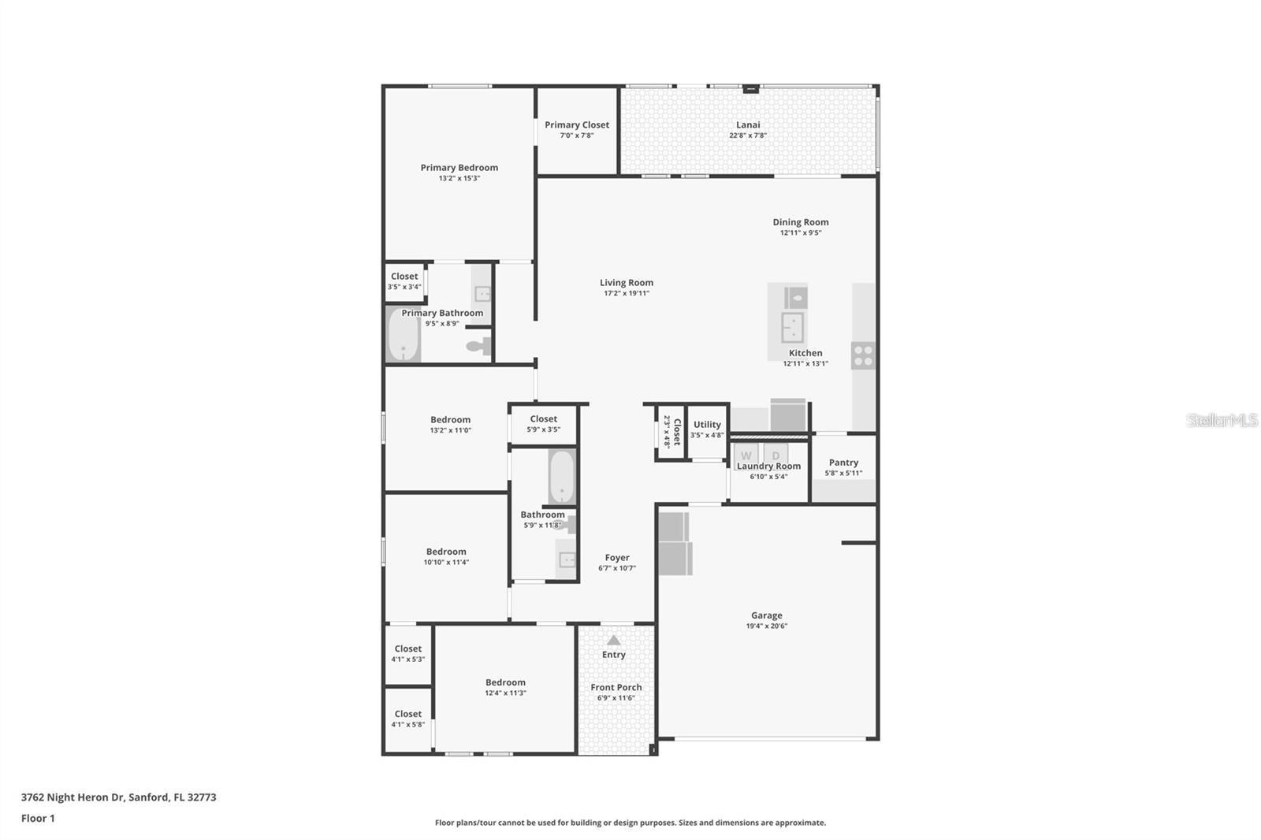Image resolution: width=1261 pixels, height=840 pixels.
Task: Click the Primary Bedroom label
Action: (459, 167)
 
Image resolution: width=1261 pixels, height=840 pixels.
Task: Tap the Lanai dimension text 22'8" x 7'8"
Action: (747, 136)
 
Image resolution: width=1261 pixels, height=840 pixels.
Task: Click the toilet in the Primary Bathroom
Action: (478, 345)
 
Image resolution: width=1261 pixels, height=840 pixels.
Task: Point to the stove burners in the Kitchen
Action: (863, 355)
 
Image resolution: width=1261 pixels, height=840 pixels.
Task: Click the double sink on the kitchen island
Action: (791, 325)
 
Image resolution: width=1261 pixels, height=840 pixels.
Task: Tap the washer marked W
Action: (746, 455)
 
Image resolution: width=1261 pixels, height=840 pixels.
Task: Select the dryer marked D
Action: (776, 455)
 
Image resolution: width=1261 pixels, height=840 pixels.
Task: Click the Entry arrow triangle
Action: (613, 640)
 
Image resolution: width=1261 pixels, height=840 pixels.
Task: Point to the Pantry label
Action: (843, 463)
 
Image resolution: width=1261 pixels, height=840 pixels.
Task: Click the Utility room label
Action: (707, 424)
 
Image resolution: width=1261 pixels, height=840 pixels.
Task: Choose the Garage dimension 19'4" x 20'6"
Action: (766, 626)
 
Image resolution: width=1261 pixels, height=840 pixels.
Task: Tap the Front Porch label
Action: (616, 687)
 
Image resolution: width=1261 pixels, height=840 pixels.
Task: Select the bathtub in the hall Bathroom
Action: (561, 476)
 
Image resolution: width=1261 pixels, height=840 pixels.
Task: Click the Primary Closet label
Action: (576, 125)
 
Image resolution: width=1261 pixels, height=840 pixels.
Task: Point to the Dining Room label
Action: (800, 222)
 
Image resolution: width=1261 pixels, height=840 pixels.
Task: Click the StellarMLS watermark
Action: (1222, 420)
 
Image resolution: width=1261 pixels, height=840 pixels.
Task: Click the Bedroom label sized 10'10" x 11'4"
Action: (446, 552)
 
